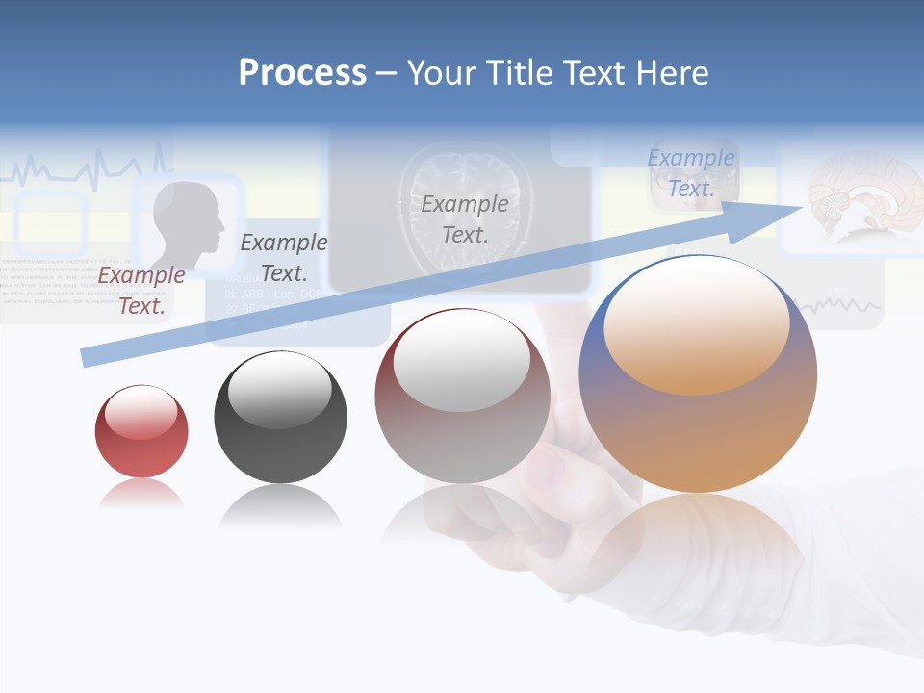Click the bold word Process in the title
pos(302,73)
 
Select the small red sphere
pos(141,431)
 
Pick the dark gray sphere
pos(280,417)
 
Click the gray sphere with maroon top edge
pos(462,397)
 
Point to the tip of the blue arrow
pos(803,206)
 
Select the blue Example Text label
pos(691,173)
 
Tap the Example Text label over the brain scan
pos(465,218)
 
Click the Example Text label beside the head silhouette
pos(284,257)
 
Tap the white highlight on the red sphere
pos(141,413)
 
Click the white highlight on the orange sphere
pos(697,321)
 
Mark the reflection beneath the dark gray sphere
pos(280,505)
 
